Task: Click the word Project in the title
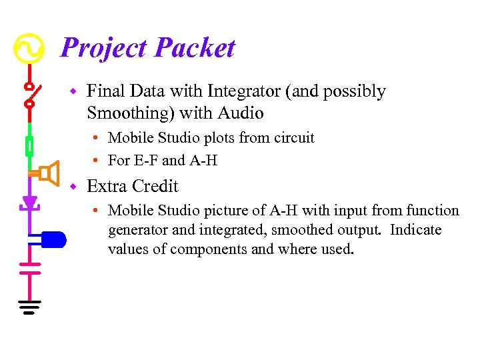tap(103, 49)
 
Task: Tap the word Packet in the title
tap(195, 49)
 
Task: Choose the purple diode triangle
tap(29, 202)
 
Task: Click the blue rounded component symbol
tap(53, 239)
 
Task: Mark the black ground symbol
tap(29, 307)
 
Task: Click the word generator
tap(138, 230)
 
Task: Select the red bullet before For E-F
tap(97, 161)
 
